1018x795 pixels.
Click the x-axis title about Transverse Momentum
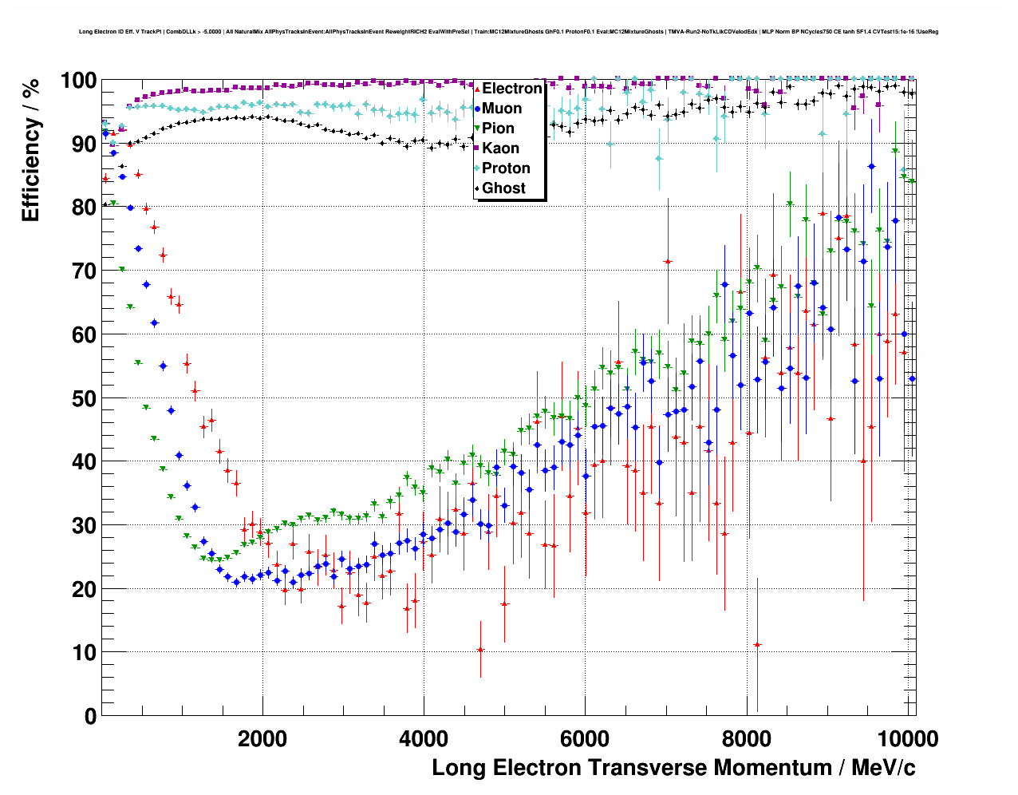click(x=673, y=768)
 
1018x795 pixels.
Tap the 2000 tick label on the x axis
click(x=262, y=738)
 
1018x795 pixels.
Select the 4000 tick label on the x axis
click(x=424, y=738)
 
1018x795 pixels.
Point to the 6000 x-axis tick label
click(x=585, y=738)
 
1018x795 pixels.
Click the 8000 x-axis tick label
click(x=746, y=738)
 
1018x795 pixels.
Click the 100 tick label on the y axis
click(x=77, y=81)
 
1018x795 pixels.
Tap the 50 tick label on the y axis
click(x=84, y=398)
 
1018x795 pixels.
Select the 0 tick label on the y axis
click(x=90, y=716)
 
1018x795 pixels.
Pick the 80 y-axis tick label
click(x=84, y=208)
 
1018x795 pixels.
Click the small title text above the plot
click(x=508, y=32)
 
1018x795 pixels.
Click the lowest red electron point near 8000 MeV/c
click(x=757, y=644)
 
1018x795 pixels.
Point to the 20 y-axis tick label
click(x=84, y=589)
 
